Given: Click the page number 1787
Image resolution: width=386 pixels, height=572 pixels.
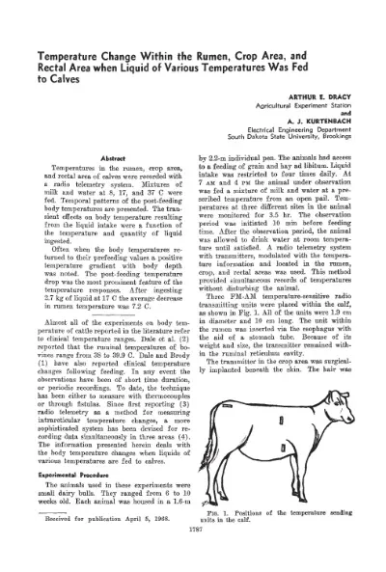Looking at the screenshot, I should [193, 558].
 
